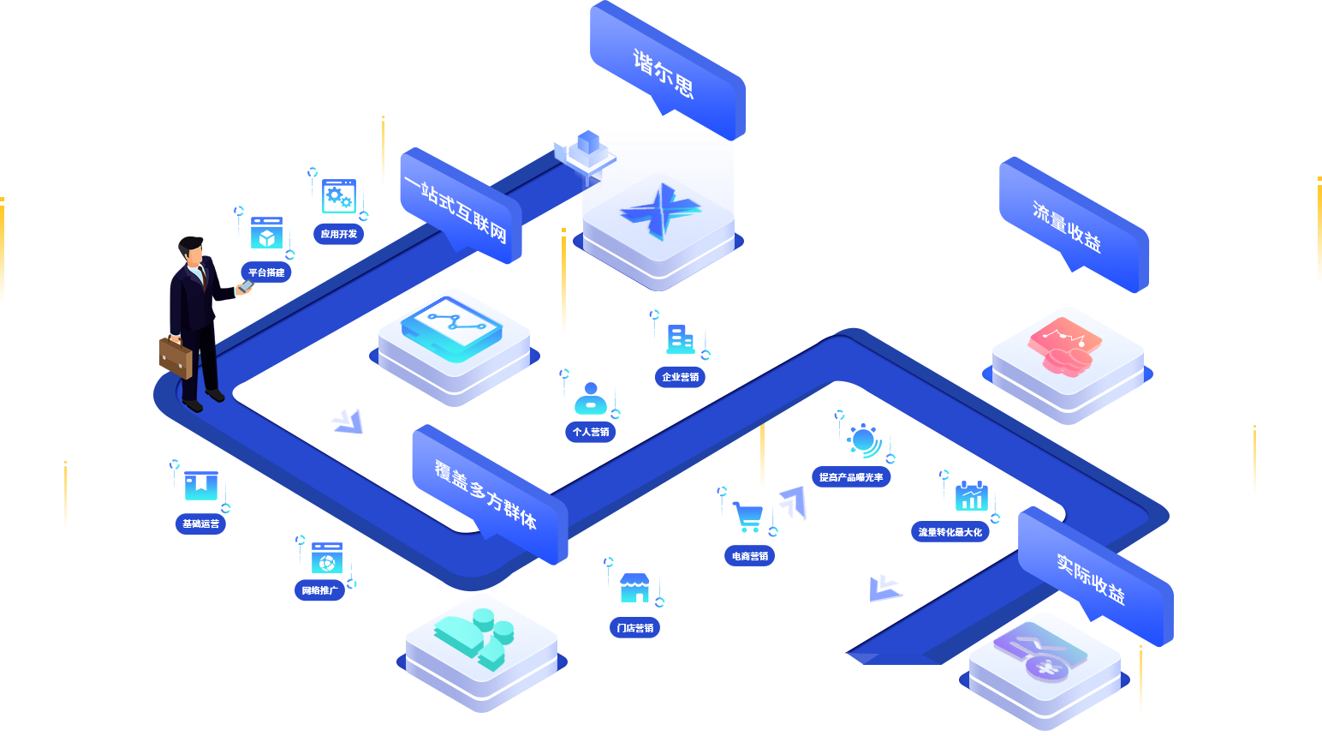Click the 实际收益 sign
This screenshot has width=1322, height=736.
click(x=1093, y=576)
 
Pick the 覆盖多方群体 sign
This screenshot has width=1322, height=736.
click(x=488, y=494)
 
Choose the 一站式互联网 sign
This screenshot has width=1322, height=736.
click(x=459, y=206)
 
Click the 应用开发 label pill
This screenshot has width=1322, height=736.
click(x=339, y=234)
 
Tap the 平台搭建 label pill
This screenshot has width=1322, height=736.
click(x=266, y=272)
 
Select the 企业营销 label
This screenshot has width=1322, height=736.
click(x=681, y=377)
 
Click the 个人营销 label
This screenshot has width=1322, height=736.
click(x=591, y=432)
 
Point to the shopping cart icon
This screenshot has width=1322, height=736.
click(x=747, y=517)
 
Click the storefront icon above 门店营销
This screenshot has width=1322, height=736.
click(x=634, y=587)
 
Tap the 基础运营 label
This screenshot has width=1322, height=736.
click(x=200, y=524)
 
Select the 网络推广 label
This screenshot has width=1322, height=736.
click(x=319, y=590)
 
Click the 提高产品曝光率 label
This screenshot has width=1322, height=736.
click(x=851, y=477)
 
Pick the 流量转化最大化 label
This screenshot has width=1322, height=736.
click(x=950, y=532)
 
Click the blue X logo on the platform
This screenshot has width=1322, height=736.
click(x=658, y=211)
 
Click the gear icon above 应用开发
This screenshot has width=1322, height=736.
click(x=338, y=196)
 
